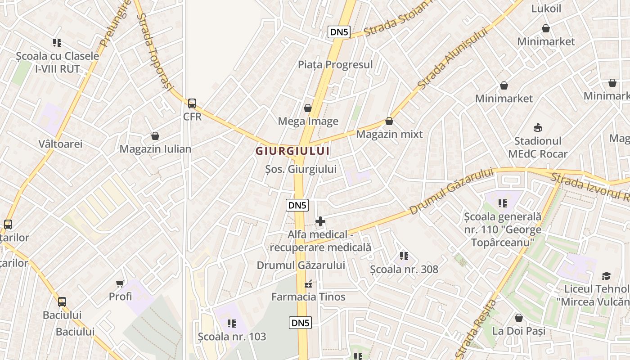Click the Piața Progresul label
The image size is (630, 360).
point(335,64)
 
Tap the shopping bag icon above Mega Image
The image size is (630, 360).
point(308,108)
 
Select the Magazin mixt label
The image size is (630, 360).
point(389,134)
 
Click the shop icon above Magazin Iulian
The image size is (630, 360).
point(155,136)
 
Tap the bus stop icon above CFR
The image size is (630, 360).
point(192,103)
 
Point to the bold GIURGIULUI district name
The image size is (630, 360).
point(292,151)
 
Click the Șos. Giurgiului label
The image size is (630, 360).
point(301,169)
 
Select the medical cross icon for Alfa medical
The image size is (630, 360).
point(320,221)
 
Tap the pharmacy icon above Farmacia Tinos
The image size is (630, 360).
point(308,284)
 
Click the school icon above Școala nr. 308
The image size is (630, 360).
point(404,256)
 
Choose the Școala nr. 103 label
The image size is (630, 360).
point(232,336)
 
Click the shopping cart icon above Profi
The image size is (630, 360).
point(120,283)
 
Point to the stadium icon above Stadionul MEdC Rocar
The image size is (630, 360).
point(537,128)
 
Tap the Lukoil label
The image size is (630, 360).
point(546,9)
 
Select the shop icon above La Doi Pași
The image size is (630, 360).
point(519,318)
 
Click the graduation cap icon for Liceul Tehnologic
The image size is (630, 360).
point(607,276)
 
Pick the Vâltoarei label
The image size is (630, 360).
point(60,144)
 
